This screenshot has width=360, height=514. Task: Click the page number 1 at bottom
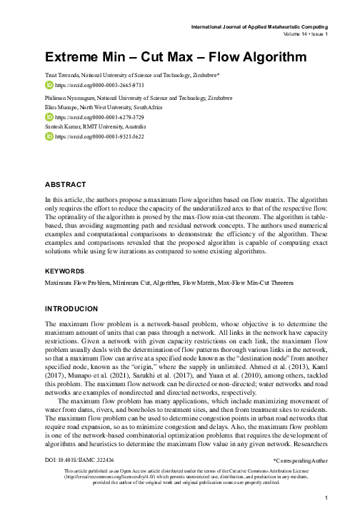pyautogui.click(x=326, y=496)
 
